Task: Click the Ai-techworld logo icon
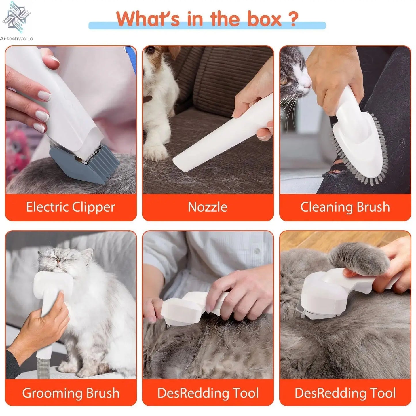coord(16,17)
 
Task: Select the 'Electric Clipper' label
coord(71,207)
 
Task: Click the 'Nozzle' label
coord(208,207)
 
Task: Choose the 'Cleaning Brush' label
coord(345,207)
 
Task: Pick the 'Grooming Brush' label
coord(71,393)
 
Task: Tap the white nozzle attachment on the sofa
coord(219,135)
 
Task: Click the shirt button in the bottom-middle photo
coord(256,251)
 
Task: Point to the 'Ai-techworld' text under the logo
coord(17,39)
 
